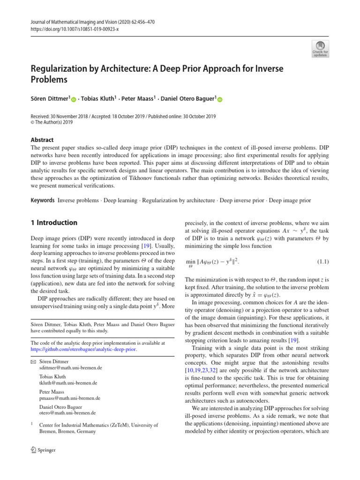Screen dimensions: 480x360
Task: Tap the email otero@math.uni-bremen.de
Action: (x=67, y=413)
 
